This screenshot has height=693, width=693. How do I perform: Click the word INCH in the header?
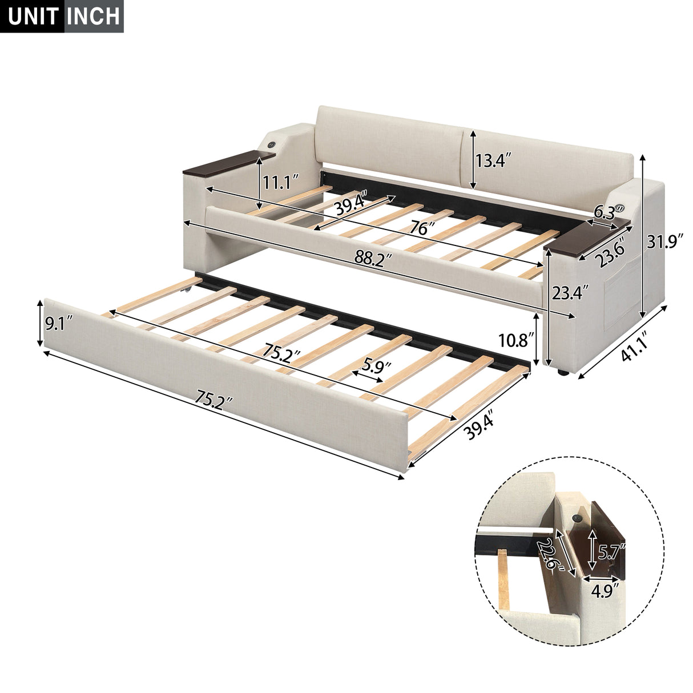tap(93, 17)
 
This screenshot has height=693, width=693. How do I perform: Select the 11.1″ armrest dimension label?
tap(281, 183)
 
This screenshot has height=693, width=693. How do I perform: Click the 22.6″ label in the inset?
tap(553, 554)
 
